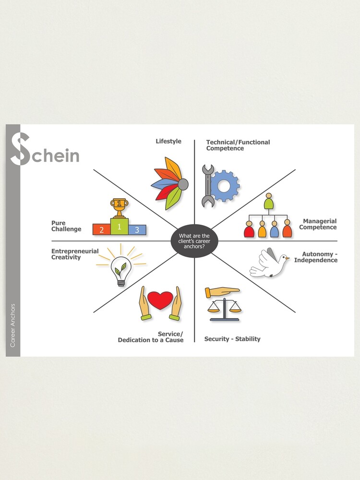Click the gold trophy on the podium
[x=119, y=208]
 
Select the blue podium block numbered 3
[x=137, y=230]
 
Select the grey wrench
[x=208, y=186]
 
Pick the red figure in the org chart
[x=249, y=229]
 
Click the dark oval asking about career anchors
[x=194, y=240]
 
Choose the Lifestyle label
[x=168, y=141]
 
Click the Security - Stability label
[x=232, y=339]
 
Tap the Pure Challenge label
[x=66, y=226]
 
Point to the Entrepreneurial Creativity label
[x=75, y=254]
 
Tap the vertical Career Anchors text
[x=13, y=325]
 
